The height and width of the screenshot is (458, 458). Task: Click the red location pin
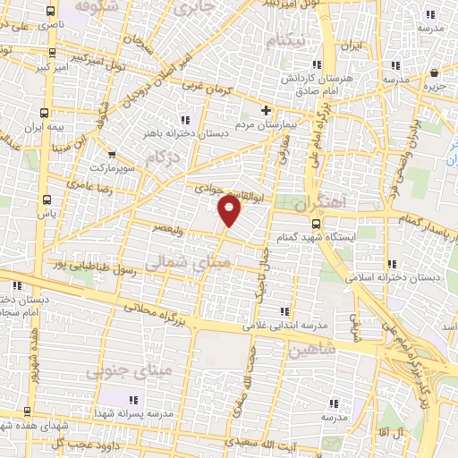pyautogui.click(x=230, y=211)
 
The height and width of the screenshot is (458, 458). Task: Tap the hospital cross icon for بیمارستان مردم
pyautogui.click(x=265, y=110)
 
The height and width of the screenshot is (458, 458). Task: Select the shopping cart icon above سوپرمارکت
pyautogui.click(x=111, y=153)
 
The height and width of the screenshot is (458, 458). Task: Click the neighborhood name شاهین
pyautogui.click(x=311, y=350)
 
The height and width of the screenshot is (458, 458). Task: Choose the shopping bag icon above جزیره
pyautogui.click(x=434, y=72)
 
